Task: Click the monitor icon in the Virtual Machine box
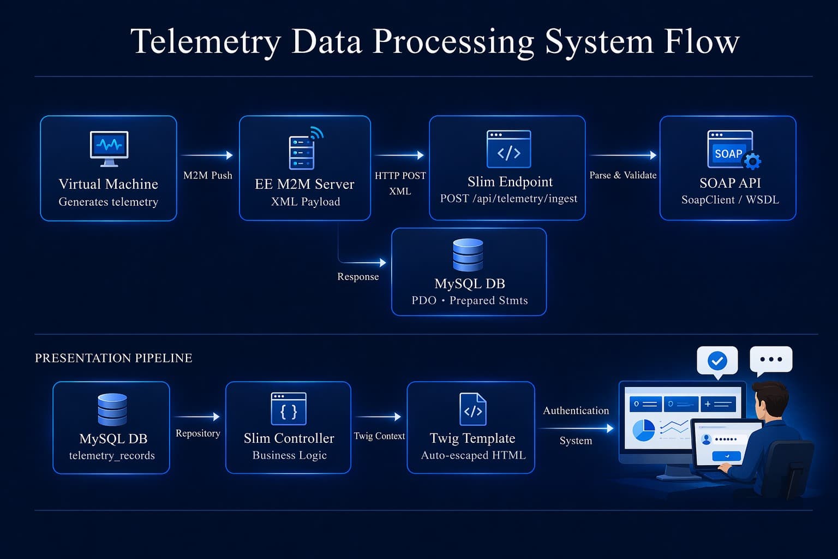(x=109, y=148)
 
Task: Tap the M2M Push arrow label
(x=207, y=175)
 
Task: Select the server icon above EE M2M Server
(x=302, y=152)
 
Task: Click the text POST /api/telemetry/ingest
(x=508, y=199)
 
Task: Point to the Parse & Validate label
(x=622, y=175)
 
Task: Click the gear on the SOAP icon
(x=752, y=160)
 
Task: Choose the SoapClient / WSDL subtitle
(x=730, y=200)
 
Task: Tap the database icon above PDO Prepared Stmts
(x=468, y=255)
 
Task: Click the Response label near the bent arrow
(x=358, y=277)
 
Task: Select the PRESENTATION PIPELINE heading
(x=113, y=358)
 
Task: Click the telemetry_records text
(x=112, y=456)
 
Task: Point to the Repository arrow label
(x=197, y=433)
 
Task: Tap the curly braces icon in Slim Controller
(x=289, y=409)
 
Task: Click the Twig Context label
(x=379, y=436)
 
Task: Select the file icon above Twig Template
(x=472, y=409)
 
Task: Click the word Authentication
(x=576, y=411)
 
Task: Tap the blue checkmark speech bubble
(x=717, y=361)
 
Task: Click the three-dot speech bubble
(x=771, y=359)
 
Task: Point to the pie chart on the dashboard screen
(x=644, y=430)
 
